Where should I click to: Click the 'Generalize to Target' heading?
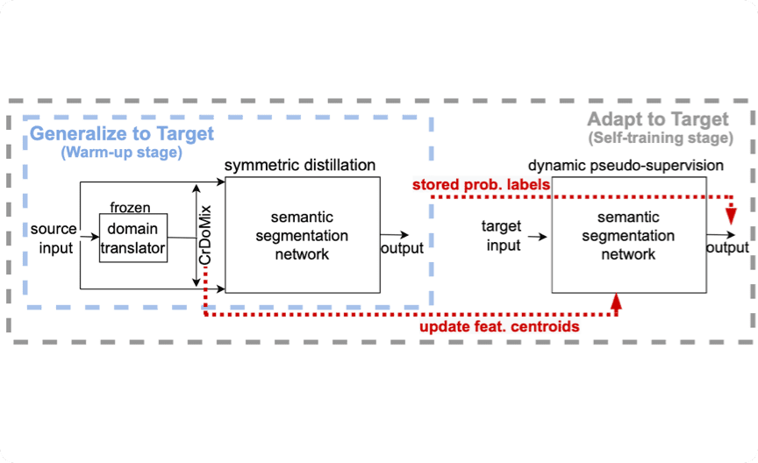(x=122, y=133)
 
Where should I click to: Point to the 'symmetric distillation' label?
(x=300, y=166)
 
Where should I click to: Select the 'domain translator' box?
(x=132, y=237)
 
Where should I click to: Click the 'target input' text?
(x=502, y=236)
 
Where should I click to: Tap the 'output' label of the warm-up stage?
(x=402, y=248)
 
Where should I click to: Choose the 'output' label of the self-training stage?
(x=727, y=248)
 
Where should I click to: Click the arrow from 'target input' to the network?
(x=539, y=237)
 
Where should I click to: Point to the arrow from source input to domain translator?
(x=89, y=237)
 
